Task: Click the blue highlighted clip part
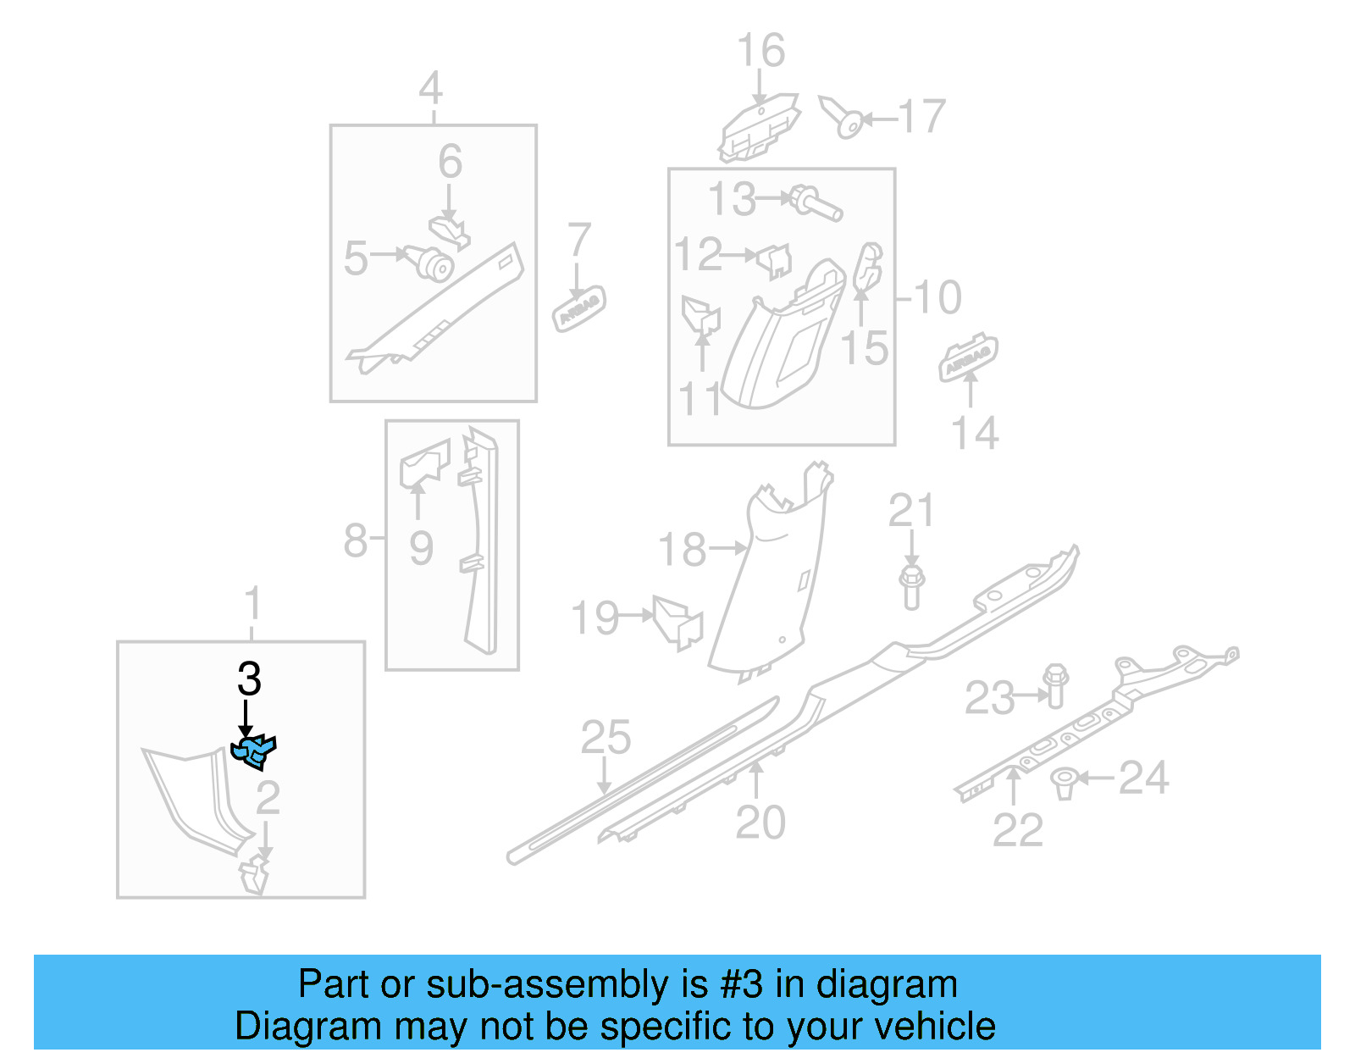[x=253, y=751]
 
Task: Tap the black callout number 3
[x=249, y=679]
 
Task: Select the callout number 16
[x=760, y=51]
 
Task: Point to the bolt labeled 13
[x=816, y=203]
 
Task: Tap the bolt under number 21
[x=911, y=586]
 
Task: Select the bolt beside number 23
[x=1055, y=685]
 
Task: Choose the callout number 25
[x=606, y=737]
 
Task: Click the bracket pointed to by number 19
[x=679, y=623]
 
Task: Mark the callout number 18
[x=682, y=550]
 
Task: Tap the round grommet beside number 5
[x=434, y=263]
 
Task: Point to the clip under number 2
[x=254, y=875]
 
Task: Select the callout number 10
[x=937, y=297]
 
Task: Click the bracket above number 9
[x=424, y=463]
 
